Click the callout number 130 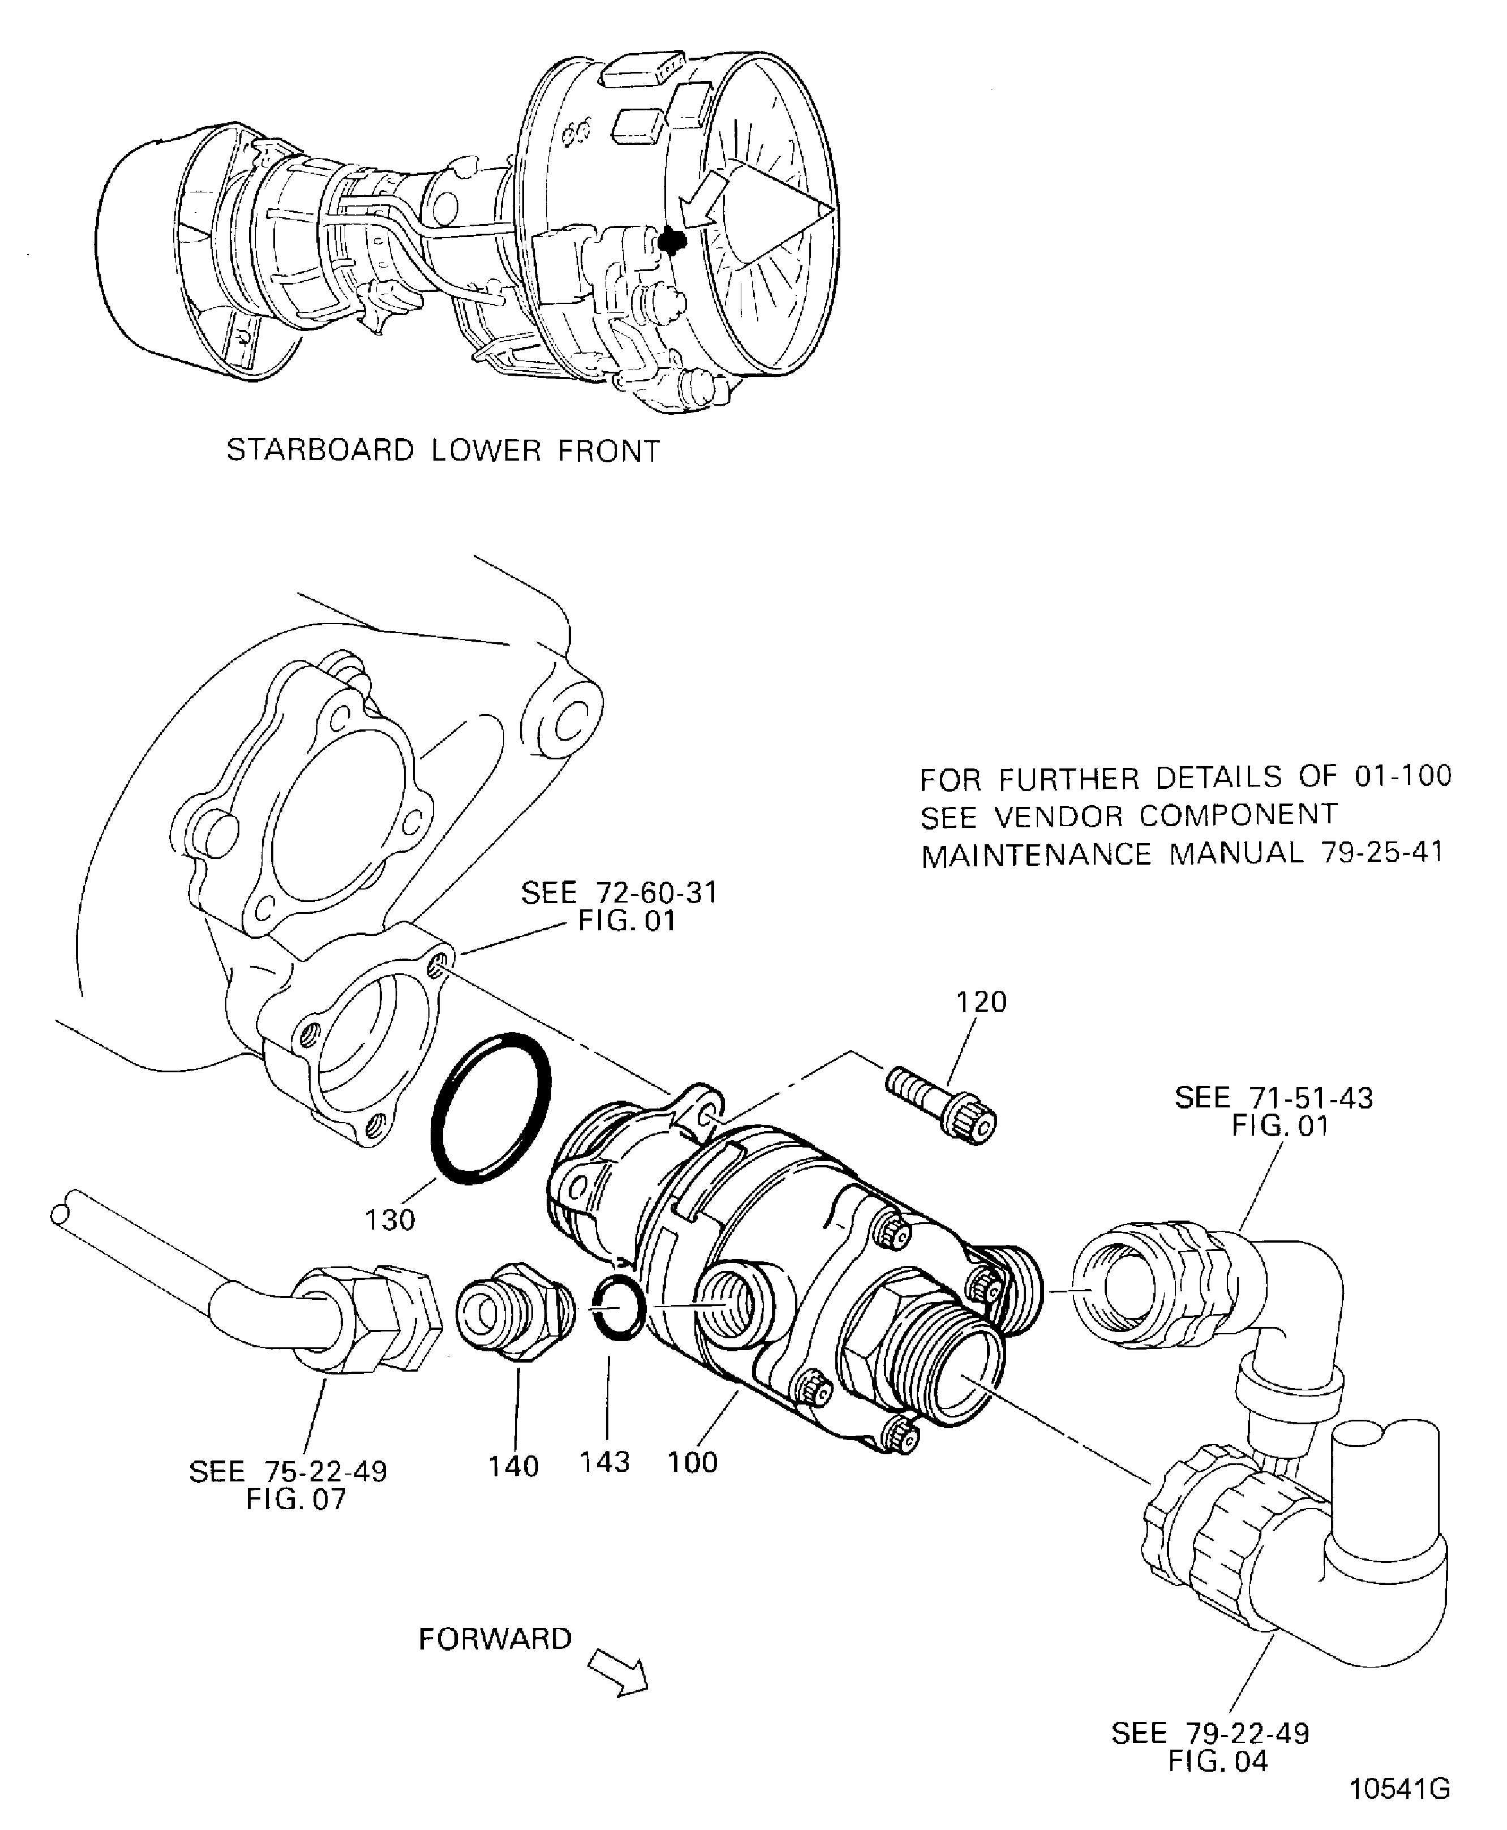(390, 1219)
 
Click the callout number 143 (604, 1461)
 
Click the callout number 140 (513, 1466)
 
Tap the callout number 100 (692, 1462)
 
